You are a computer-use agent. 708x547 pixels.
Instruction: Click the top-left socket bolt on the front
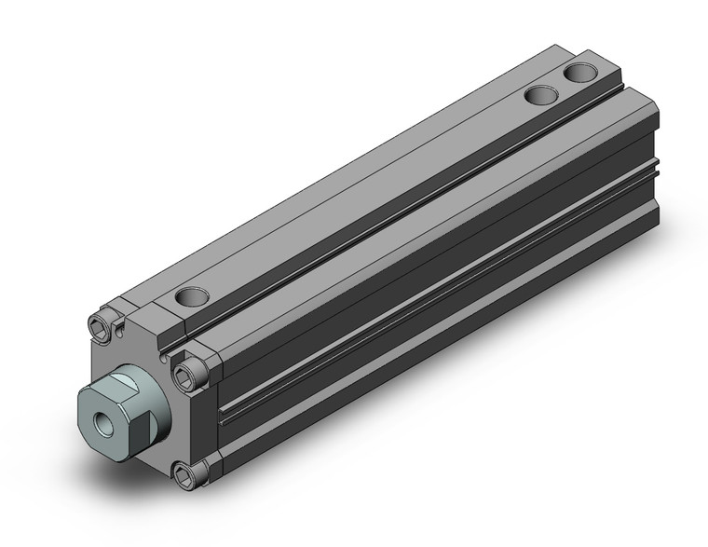[102, 325]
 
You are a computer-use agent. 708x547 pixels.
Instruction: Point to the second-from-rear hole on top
[539, 94]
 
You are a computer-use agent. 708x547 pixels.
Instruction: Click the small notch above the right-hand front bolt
[166, 356]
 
